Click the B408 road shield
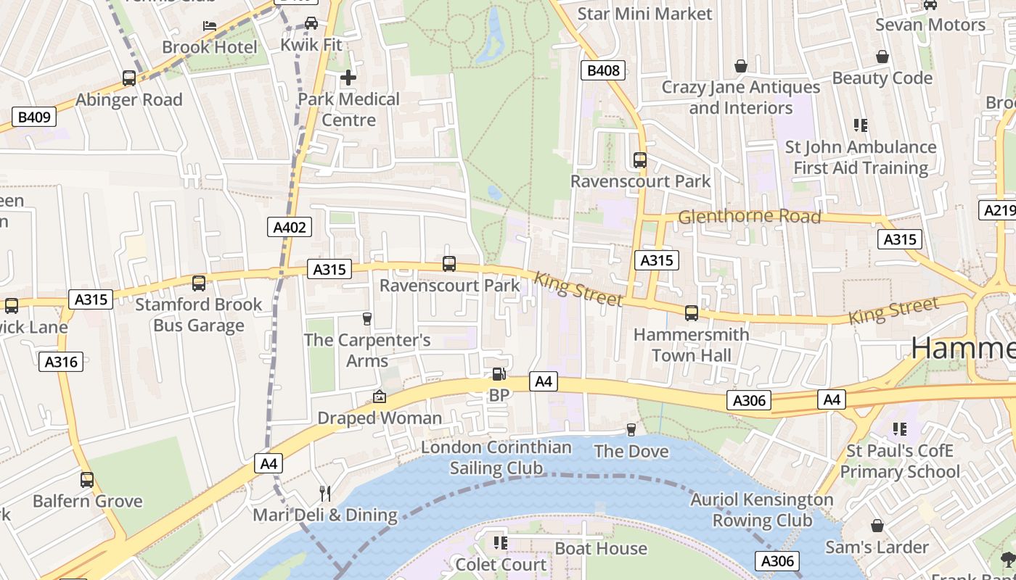603,70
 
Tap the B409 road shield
34,117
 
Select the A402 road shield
290,227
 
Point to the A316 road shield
61,361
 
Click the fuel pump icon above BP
499,374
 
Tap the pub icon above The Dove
631,430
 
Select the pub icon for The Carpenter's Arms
366,319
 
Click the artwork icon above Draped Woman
379,397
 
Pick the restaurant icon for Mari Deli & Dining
325,494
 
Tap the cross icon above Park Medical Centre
348,77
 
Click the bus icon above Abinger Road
129,78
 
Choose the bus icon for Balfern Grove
87,479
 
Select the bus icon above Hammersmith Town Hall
692,313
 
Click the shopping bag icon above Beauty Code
882,57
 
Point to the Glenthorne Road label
749,216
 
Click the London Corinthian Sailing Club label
496,457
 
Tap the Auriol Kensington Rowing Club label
762,510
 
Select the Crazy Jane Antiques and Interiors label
741,97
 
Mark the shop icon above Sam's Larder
877,526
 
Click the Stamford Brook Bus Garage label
198,315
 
